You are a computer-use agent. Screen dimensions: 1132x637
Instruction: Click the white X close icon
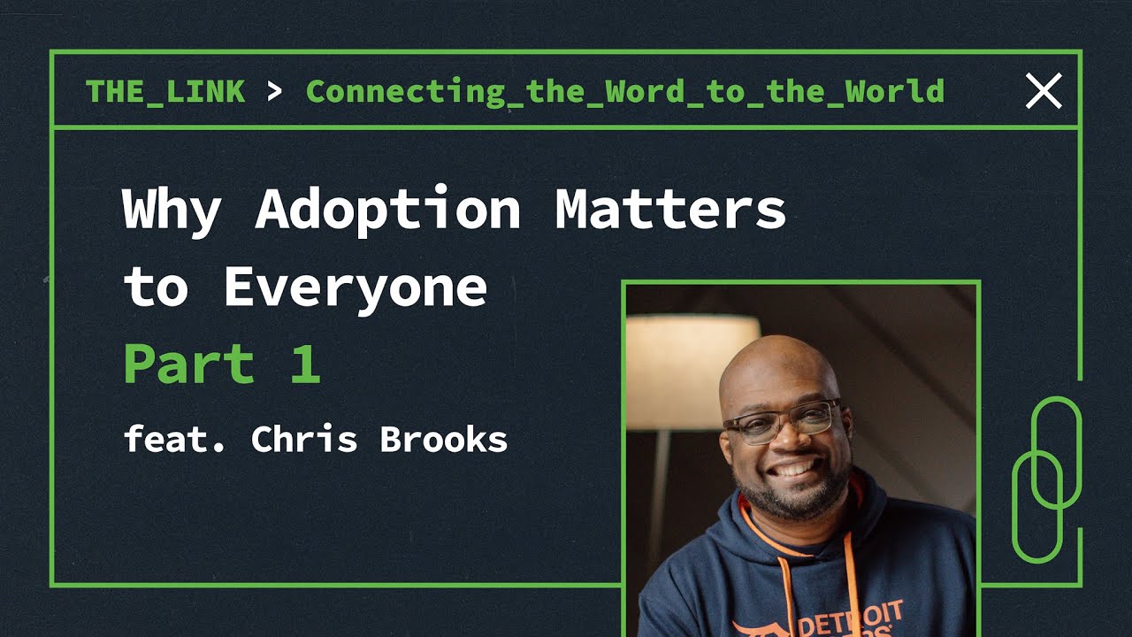tap(1044, 91)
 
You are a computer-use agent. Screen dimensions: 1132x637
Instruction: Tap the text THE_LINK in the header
tap(165, 91)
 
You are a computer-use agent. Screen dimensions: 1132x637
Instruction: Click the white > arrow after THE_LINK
tap(274, 91)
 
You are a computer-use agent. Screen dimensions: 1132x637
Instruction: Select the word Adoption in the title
tap(387, 210)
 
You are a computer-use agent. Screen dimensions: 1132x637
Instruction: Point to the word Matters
tap(670, 210)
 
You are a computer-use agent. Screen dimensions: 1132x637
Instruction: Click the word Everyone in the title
tap(356, 288)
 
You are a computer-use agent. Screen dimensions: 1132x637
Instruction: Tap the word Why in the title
tap(172, 211)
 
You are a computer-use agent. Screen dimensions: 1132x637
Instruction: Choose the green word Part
tap(189, 363)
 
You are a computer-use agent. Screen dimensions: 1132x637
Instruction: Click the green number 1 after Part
tap(306, 363)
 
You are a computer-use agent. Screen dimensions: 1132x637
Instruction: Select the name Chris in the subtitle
tap(303, 438)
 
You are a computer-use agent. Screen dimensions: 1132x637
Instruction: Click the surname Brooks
tap(443, 438)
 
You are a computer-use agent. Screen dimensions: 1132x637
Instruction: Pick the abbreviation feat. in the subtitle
tap(174, 438)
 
